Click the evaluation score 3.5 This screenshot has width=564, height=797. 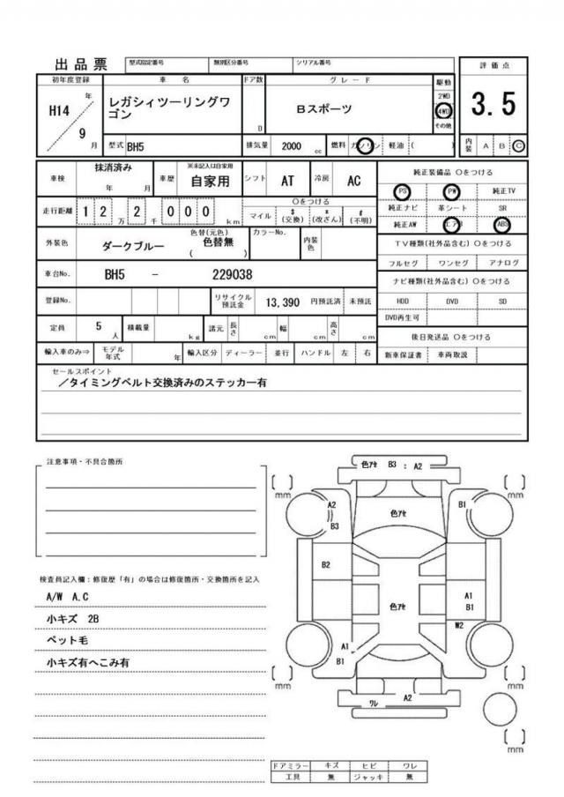pyautogui.click(x=493, y=105)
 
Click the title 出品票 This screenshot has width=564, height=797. pyautogui.click(x=81, y=64)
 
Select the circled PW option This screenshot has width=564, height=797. pyautogui.click(x=453, y=190)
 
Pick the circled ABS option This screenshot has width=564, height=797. pyautogui.click(x=502, y=224)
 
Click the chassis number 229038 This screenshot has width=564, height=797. pyautogui.click(x=233, y=274)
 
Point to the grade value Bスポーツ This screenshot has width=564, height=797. pyautogui.click(x=323, y=109)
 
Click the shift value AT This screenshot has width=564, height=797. pyautogui.click(x=287, y=181)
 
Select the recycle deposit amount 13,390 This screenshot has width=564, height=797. pyautogui.click(x=284, y=302)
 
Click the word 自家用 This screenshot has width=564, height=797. pyautogui.click(x=210, y=182)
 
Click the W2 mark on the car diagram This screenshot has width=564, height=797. pyautogui.click(x=459, y=624)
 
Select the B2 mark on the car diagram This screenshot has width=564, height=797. pyautogui.click(x=326, y=564)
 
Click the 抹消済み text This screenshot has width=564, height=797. pyautogui.click(x=113, y=168)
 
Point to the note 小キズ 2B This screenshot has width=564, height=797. pyautogui.click(x=72, y=619)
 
